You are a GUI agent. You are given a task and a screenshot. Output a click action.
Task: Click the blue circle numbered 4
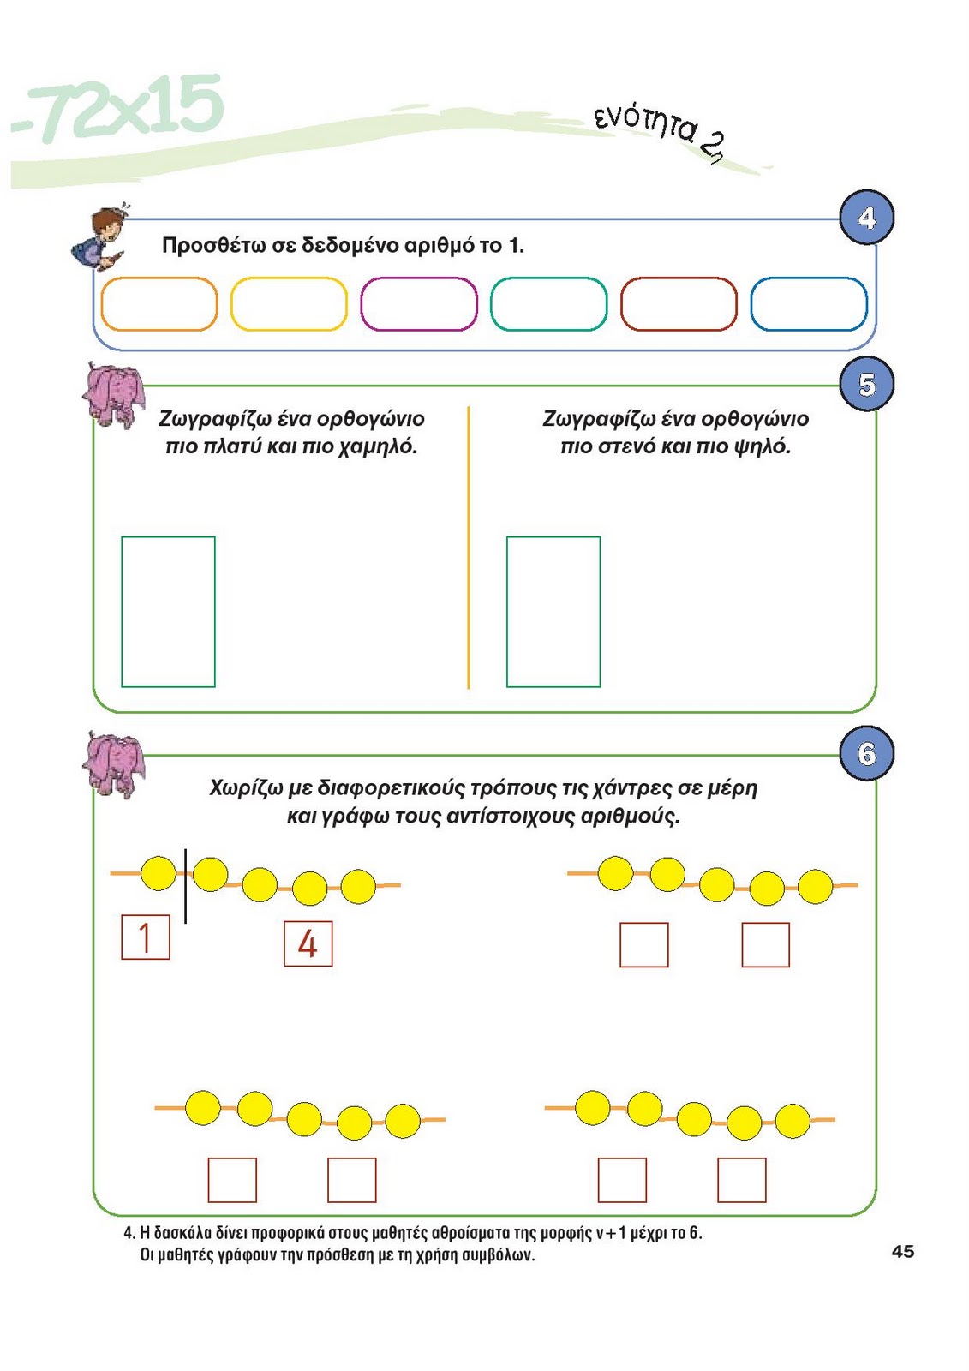(867, 218)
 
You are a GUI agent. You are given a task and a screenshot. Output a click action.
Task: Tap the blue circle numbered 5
(867, 385)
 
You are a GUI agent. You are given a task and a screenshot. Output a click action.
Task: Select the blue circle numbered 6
(867, 753)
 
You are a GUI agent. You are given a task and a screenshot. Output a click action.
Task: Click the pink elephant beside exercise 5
(114, 394)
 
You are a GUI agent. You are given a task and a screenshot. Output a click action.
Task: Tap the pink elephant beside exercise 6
(114, 763)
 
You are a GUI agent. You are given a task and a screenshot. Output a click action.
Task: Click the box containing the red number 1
(146, 937)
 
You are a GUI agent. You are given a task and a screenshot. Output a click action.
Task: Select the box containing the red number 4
(308, 943)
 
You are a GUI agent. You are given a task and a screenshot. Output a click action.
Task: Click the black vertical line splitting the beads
(185, 885)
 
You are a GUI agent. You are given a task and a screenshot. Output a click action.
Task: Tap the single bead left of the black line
(159, 873)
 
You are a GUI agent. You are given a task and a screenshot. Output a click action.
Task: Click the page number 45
(903, 1251)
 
